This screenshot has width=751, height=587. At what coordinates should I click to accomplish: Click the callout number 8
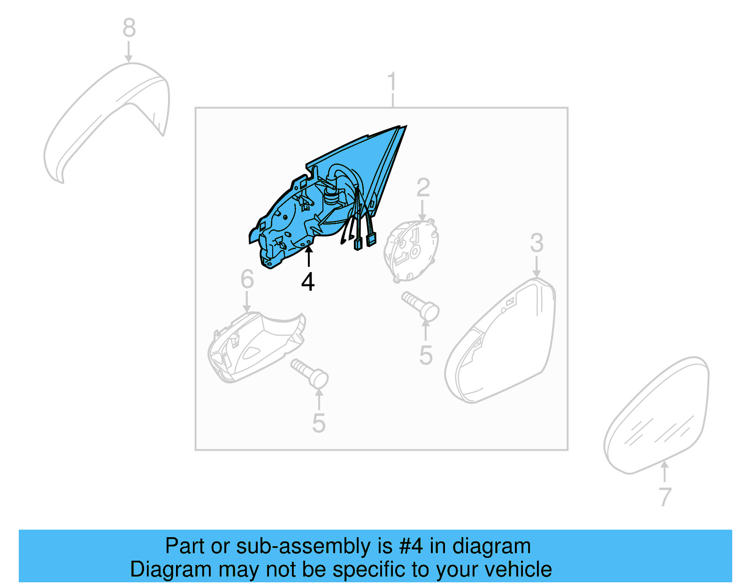(x=129, y=28)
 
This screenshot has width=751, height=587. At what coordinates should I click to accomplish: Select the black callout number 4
(x=308, y=282)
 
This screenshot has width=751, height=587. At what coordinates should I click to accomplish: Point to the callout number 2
(x=423, y=188)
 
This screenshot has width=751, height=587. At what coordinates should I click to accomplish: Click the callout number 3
(x=536, y=243)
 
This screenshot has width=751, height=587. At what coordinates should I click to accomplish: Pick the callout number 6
(x=247, y=279)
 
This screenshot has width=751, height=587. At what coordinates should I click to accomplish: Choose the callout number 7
(x=665, y=497)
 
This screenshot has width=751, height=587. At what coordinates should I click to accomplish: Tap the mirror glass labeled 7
(x=657, y=418)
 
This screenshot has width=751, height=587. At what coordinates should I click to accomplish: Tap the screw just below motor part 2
(x=421, y=305)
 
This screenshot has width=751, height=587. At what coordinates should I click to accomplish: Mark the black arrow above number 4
(x=308, y=256)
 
